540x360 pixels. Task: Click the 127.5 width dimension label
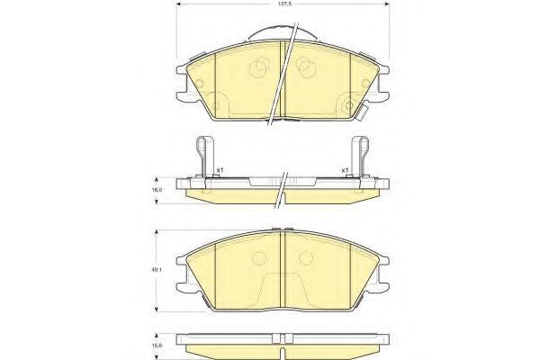coord(283,4)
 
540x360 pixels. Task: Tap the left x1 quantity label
coord(220,170)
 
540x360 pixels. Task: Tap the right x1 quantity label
coord(345,170)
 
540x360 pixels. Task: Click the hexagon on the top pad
coord(349,105)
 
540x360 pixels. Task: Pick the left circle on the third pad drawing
coord(259,258)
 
